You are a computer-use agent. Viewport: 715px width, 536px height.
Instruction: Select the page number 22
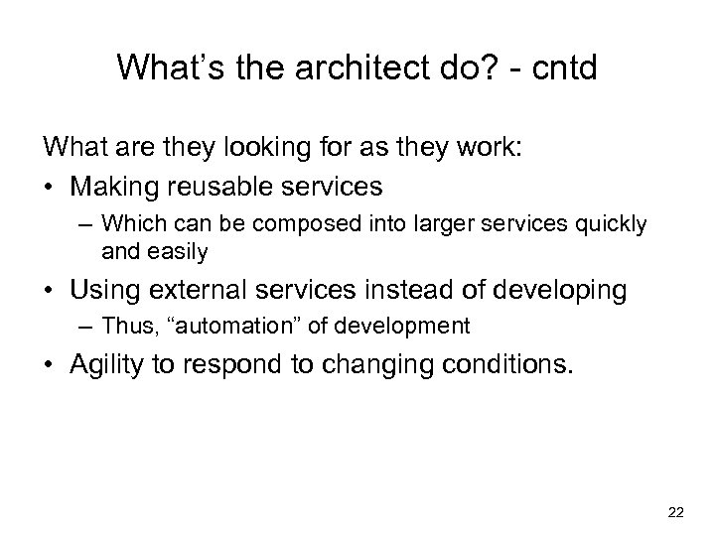(x=676, y=512)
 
